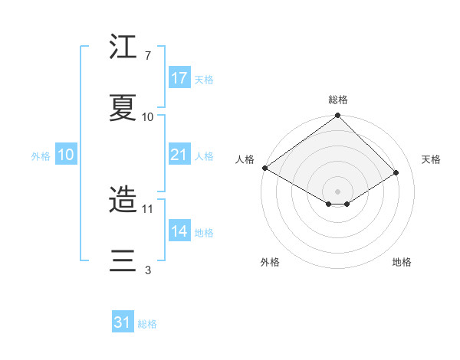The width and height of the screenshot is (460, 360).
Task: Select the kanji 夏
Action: pos(123,106)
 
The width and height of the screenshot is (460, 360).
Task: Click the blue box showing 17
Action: pos(179,78)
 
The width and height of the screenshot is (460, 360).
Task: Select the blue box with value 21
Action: pos(179,155)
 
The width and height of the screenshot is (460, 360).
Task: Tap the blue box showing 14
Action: pos(179,231)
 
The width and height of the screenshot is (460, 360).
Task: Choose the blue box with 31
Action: pos(123,322)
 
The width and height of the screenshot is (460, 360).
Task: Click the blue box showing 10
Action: pos(66,155)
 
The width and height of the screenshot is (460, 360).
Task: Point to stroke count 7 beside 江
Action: pos(148,56)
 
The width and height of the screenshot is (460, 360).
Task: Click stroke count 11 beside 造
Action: pos(148,208)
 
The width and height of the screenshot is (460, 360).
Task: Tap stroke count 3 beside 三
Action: pos(148,269)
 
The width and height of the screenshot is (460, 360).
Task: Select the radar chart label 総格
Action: pos(338,100)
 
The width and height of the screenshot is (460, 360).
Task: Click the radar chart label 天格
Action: pos(431,159)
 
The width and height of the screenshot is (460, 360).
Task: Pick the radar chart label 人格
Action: pos(245,159)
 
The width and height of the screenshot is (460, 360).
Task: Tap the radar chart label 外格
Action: pos(270,263)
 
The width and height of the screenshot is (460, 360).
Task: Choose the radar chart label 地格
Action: pos(402,263)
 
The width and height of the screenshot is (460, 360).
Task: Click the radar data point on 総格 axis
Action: pos(338,116)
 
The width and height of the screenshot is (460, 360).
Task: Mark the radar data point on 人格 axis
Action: pos(264,168)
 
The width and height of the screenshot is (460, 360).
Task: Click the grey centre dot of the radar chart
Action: pos(338,191)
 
